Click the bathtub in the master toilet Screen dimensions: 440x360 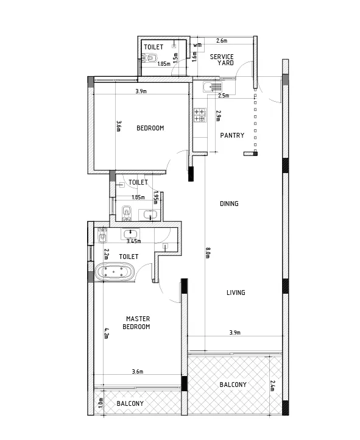click(114, 272)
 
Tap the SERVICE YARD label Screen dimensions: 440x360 click(222, 59)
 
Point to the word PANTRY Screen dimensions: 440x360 click(232, 136)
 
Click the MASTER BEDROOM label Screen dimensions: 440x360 click(137, 322)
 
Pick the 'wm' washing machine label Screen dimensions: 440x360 click(197, 45)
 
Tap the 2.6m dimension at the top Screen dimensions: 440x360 click(222, 41)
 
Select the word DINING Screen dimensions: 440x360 click(229, 204)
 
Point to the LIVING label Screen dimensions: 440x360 click(236, 293)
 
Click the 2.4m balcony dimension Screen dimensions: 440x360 click(272, 386)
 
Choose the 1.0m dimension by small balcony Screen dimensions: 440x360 click(101, 403)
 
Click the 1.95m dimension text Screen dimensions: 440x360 click(156, 197)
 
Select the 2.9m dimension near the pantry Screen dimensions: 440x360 click(218, 115)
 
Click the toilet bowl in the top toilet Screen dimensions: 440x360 click(150, 59)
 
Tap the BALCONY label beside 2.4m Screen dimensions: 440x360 click(233, 385)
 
